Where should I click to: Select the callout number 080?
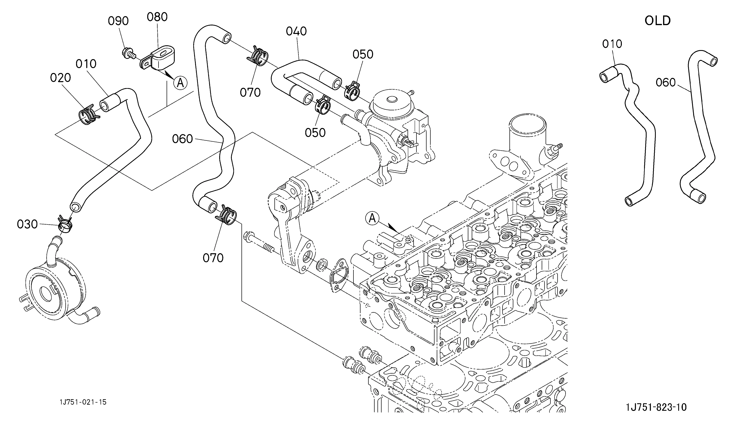157,17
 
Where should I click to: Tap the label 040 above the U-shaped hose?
296,31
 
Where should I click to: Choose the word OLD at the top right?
658,21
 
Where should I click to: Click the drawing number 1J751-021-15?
83,402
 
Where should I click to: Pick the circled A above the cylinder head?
372,218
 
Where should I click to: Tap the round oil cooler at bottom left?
55,290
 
